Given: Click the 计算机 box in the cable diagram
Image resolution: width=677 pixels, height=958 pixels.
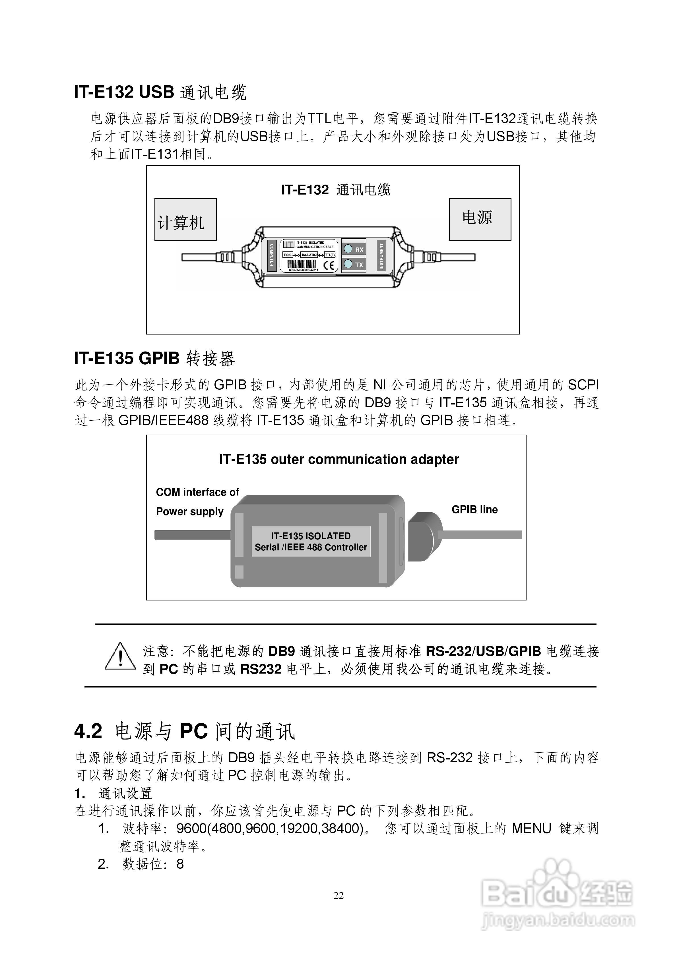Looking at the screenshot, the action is point(185,220).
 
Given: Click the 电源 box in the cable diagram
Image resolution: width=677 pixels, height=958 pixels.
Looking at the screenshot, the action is point(480,220).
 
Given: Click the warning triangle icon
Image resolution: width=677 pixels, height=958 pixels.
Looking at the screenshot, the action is point(120,656).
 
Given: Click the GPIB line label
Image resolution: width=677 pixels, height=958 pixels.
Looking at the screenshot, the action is point(474,509).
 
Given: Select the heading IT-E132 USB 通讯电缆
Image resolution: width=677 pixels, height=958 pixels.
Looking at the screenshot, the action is point(160,92).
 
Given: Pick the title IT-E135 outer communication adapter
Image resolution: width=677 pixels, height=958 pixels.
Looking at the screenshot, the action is point(338,459).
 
